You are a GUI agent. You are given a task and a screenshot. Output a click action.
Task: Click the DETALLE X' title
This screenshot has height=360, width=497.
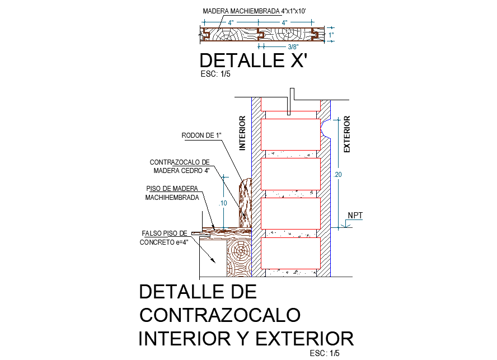click(x=254, y=60)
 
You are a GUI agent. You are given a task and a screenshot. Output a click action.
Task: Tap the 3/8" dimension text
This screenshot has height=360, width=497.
click(x=293, y=47)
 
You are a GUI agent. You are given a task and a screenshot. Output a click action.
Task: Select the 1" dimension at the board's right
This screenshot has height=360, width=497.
click(x=331, y=35)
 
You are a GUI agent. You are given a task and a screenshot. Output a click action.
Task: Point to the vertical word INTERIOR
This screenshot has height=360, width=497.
click(x=242, y=134)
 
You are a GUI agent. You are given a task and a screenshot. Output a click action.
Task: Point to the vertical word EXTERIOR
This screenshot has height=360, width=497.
click(x=347, y=134)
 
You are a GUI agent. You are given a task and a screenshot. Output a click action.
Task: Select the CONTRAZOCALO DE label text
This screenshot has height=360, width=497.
click(x=179, y=162)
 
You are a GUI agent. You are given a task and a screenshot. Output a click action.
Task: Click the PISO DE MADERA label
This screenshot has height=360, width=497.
click(x=172, y=189)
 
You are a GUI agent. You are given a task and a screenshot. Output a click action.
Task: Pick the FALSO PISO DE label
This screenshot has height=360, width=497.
click(x=164, y=233)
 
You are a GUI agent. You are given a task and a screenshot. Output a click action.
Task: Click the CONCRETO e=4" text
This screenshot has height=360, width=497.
click(x=163, y=242)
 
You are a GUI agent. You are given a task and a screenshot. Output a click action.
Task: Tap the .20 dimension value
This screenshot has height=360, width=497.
click(x=337, y=175)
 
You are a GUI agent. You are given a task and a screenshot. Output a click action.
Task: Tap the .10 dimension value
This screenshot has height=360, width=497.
click(x=223, y=203)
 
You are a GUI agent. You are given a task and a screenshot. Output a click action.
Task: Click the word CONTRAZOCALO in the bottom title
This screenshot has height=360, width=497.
click(x=220, y=315)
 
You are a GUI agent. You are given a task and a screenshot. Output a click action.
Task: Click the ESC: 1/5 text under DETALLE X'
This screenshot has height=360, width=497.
click(x=215, y=73)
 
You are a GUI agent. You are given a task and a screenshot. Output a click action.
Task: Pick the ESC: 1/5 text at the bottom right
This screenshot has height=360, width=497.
click(x=325, y=353)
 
